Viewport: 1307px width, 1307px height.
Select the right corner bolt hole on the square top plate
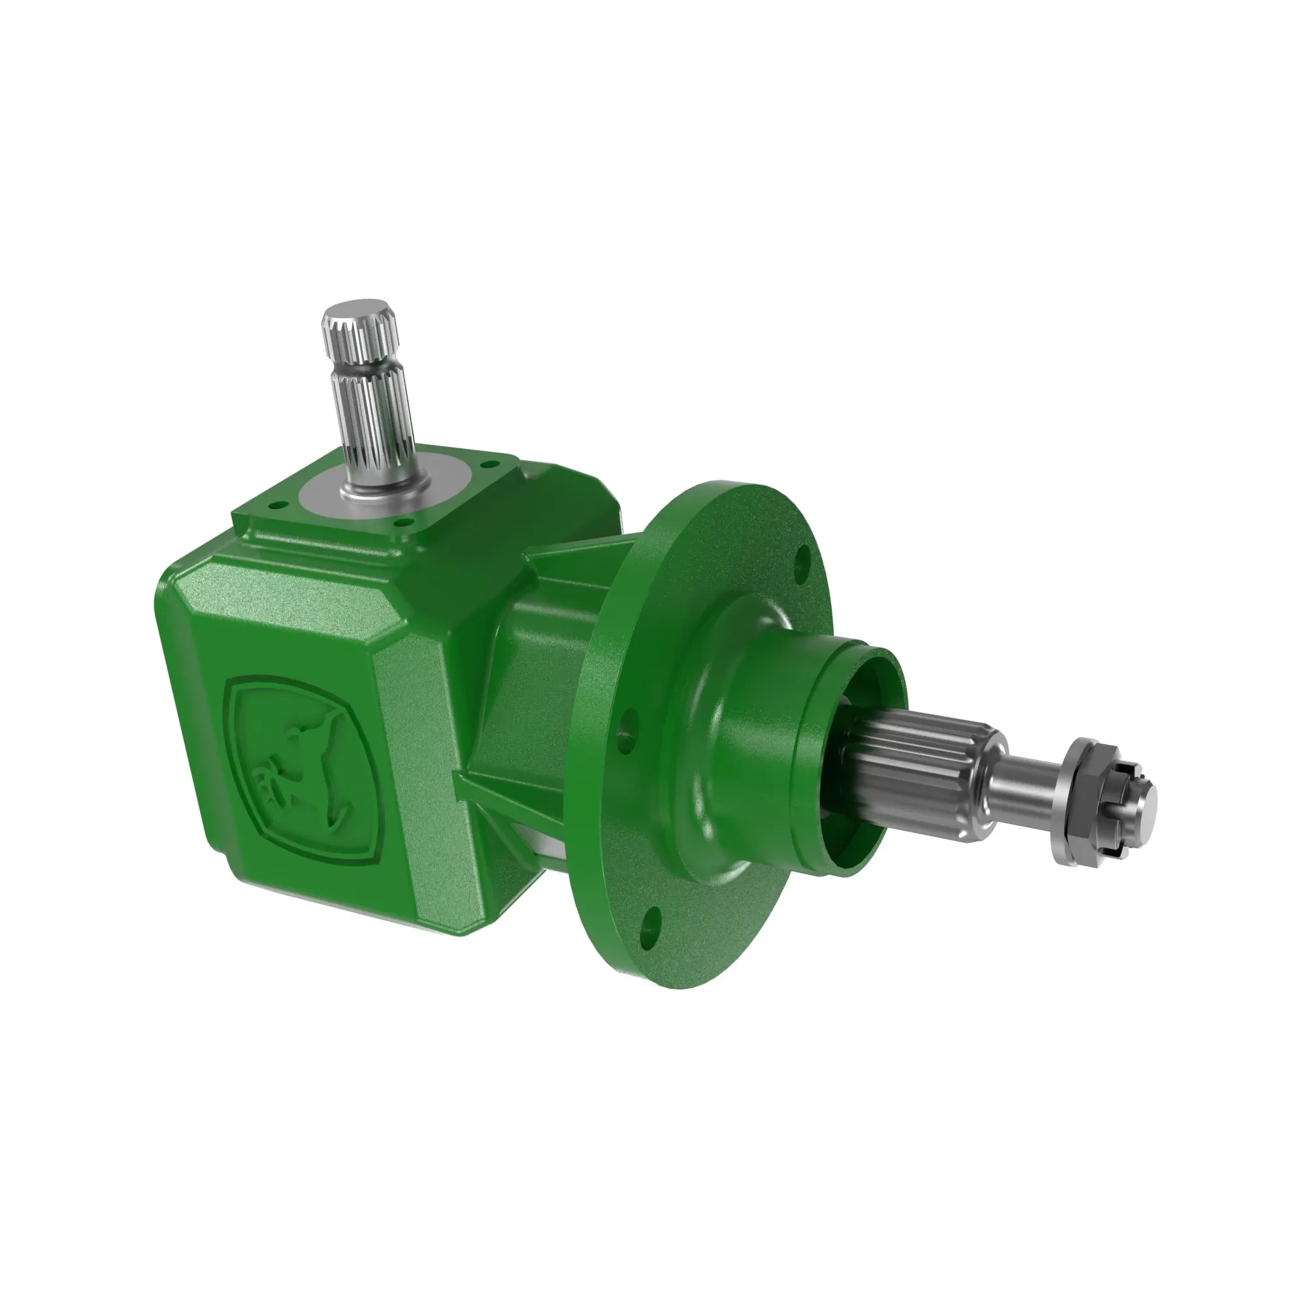coord(485,465)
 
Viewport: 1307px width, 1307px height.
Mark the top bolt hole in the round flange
coord(802,561)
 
